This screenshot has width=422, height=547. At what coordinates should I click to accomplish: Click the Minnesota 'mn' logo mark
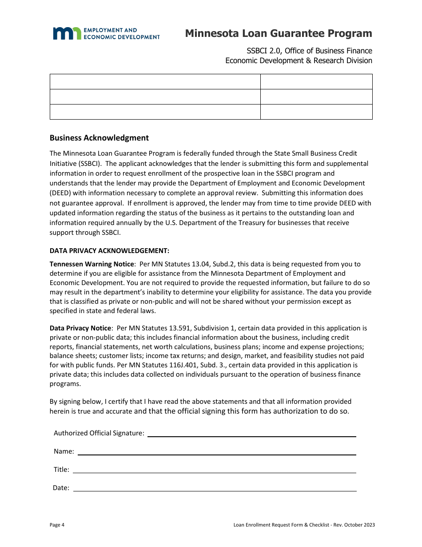pos(67,33)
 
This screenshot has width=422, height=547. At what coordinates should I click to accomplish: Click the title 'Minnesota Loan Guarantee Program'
pos(279,33)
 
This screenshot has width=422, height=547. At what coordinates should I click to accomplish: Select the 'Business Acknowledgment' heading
pos(99,138)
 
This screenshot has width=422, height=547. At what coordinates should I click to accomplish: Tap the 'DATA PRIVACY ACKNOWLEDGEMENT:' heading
pos(109,250)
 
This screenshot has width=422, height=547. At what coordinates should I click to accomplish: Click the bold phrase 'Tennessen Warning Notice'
pos(92,264)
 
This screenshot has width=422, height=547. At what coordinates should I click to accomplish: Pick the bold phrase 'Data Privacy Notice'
pos(80,328)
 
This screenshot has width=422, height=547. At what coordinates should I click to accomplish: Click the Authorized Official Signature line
pos(251,433)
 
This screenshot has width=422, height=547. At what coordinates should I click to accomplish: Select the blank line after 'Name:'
pos(217,451)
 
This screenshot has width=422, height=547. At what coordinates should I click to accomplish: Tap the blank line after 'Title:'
pos(214,470)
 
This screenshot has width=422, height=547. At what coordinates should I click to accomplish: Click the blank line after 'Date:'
pos(215,488)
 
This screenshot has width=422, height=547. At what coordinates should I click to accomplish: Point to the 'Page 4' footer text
pos(57,525)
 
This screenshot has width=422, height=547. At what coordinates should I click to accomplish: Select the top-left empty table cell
pos(155,82)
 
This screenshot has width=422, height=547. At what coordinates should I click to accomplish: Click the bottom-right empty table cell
pos(316,112)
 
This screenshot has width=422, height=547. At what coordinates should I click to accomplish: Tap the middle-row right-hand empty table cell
pos(316,97)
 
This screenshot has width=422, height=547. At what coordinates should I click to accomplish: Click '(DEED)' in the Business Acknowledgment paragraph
pos(61,193)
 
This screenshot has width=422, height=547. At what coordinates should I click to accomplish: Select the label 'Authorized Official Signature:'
pos(99,433)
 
